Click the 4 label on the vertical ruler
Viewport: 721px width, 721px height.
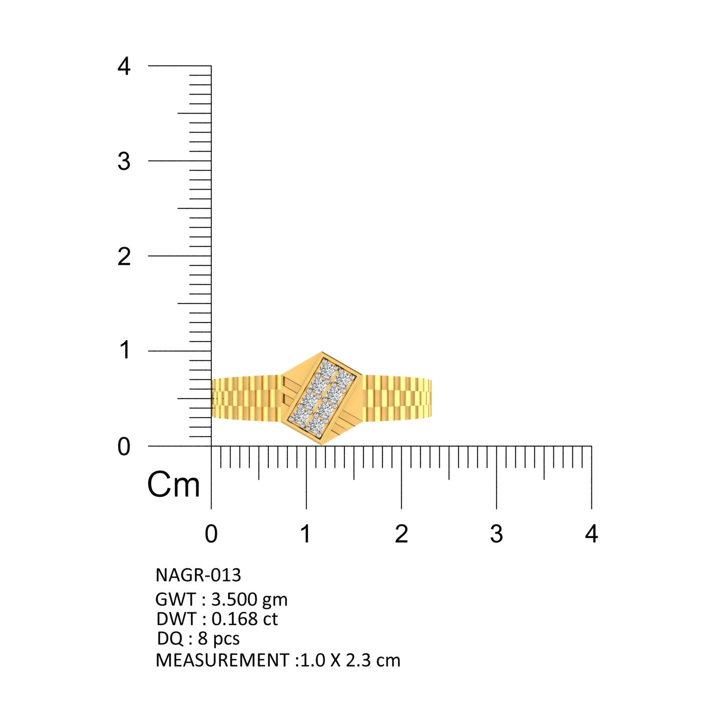124,67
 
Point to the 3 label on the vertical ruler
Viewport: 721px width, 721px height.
124,162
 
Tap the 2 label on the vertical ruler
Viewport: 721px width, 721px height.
124,257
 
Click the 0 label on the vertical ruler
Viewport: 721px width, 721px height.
124,447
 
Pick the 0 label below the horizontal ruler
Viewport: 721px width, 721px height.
211,534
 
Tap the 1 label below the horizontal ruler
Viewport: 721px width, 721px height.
306,534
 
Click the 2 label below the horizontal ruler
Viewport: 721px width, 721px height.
402,534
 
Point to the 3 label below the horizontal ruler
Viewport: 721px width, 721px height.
497,534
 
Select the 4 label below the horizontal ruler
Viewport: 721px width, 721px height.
591,534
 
